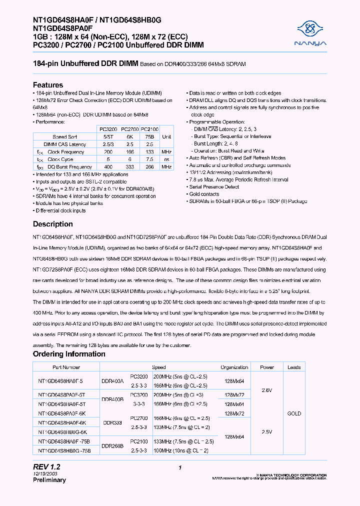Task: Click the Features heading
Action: (x=48, y=85)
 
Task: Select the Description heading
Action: (x=53, y=224)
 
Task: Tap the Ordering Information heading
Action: (x=69, y=354)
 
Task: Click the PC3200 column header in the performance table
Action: (x=108, y=129)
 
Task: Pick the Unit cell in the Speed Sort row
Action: (x=166, y=136)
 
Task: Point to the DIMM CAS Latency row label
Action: (x=66, y=144)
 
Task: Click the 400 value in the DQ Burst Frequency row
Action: (x=108, y=166)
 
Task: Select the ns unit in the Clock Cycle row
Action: (x=166, y=159)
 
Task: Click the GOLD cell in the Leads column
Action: (x=294, y=413)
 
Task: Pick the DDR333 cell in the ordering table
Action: (x=112, y=422)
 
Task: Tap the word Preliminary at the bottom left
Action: (x=49, y=480)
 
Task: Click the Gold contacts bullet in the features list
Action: (x=204, y=194)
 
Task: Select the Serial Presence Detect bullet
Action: (x=214, y=186)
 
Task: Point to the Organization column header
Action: (x=234, y=367)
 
